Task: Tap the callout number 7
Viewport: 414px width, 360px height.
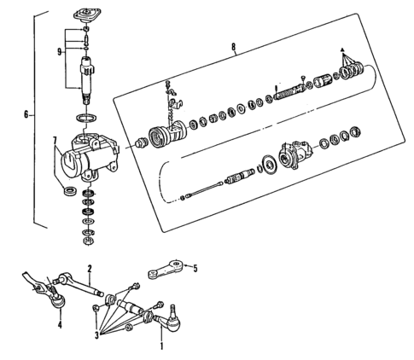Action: [x=55, y=140]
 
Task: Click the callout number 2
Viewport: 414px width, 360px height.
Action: [x=89, y=267]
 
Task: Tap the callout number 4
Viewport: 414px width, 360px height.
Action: [x=59, y=325]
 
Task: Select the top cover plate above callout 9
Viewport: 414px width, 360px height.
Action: [x=87, y=15]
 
